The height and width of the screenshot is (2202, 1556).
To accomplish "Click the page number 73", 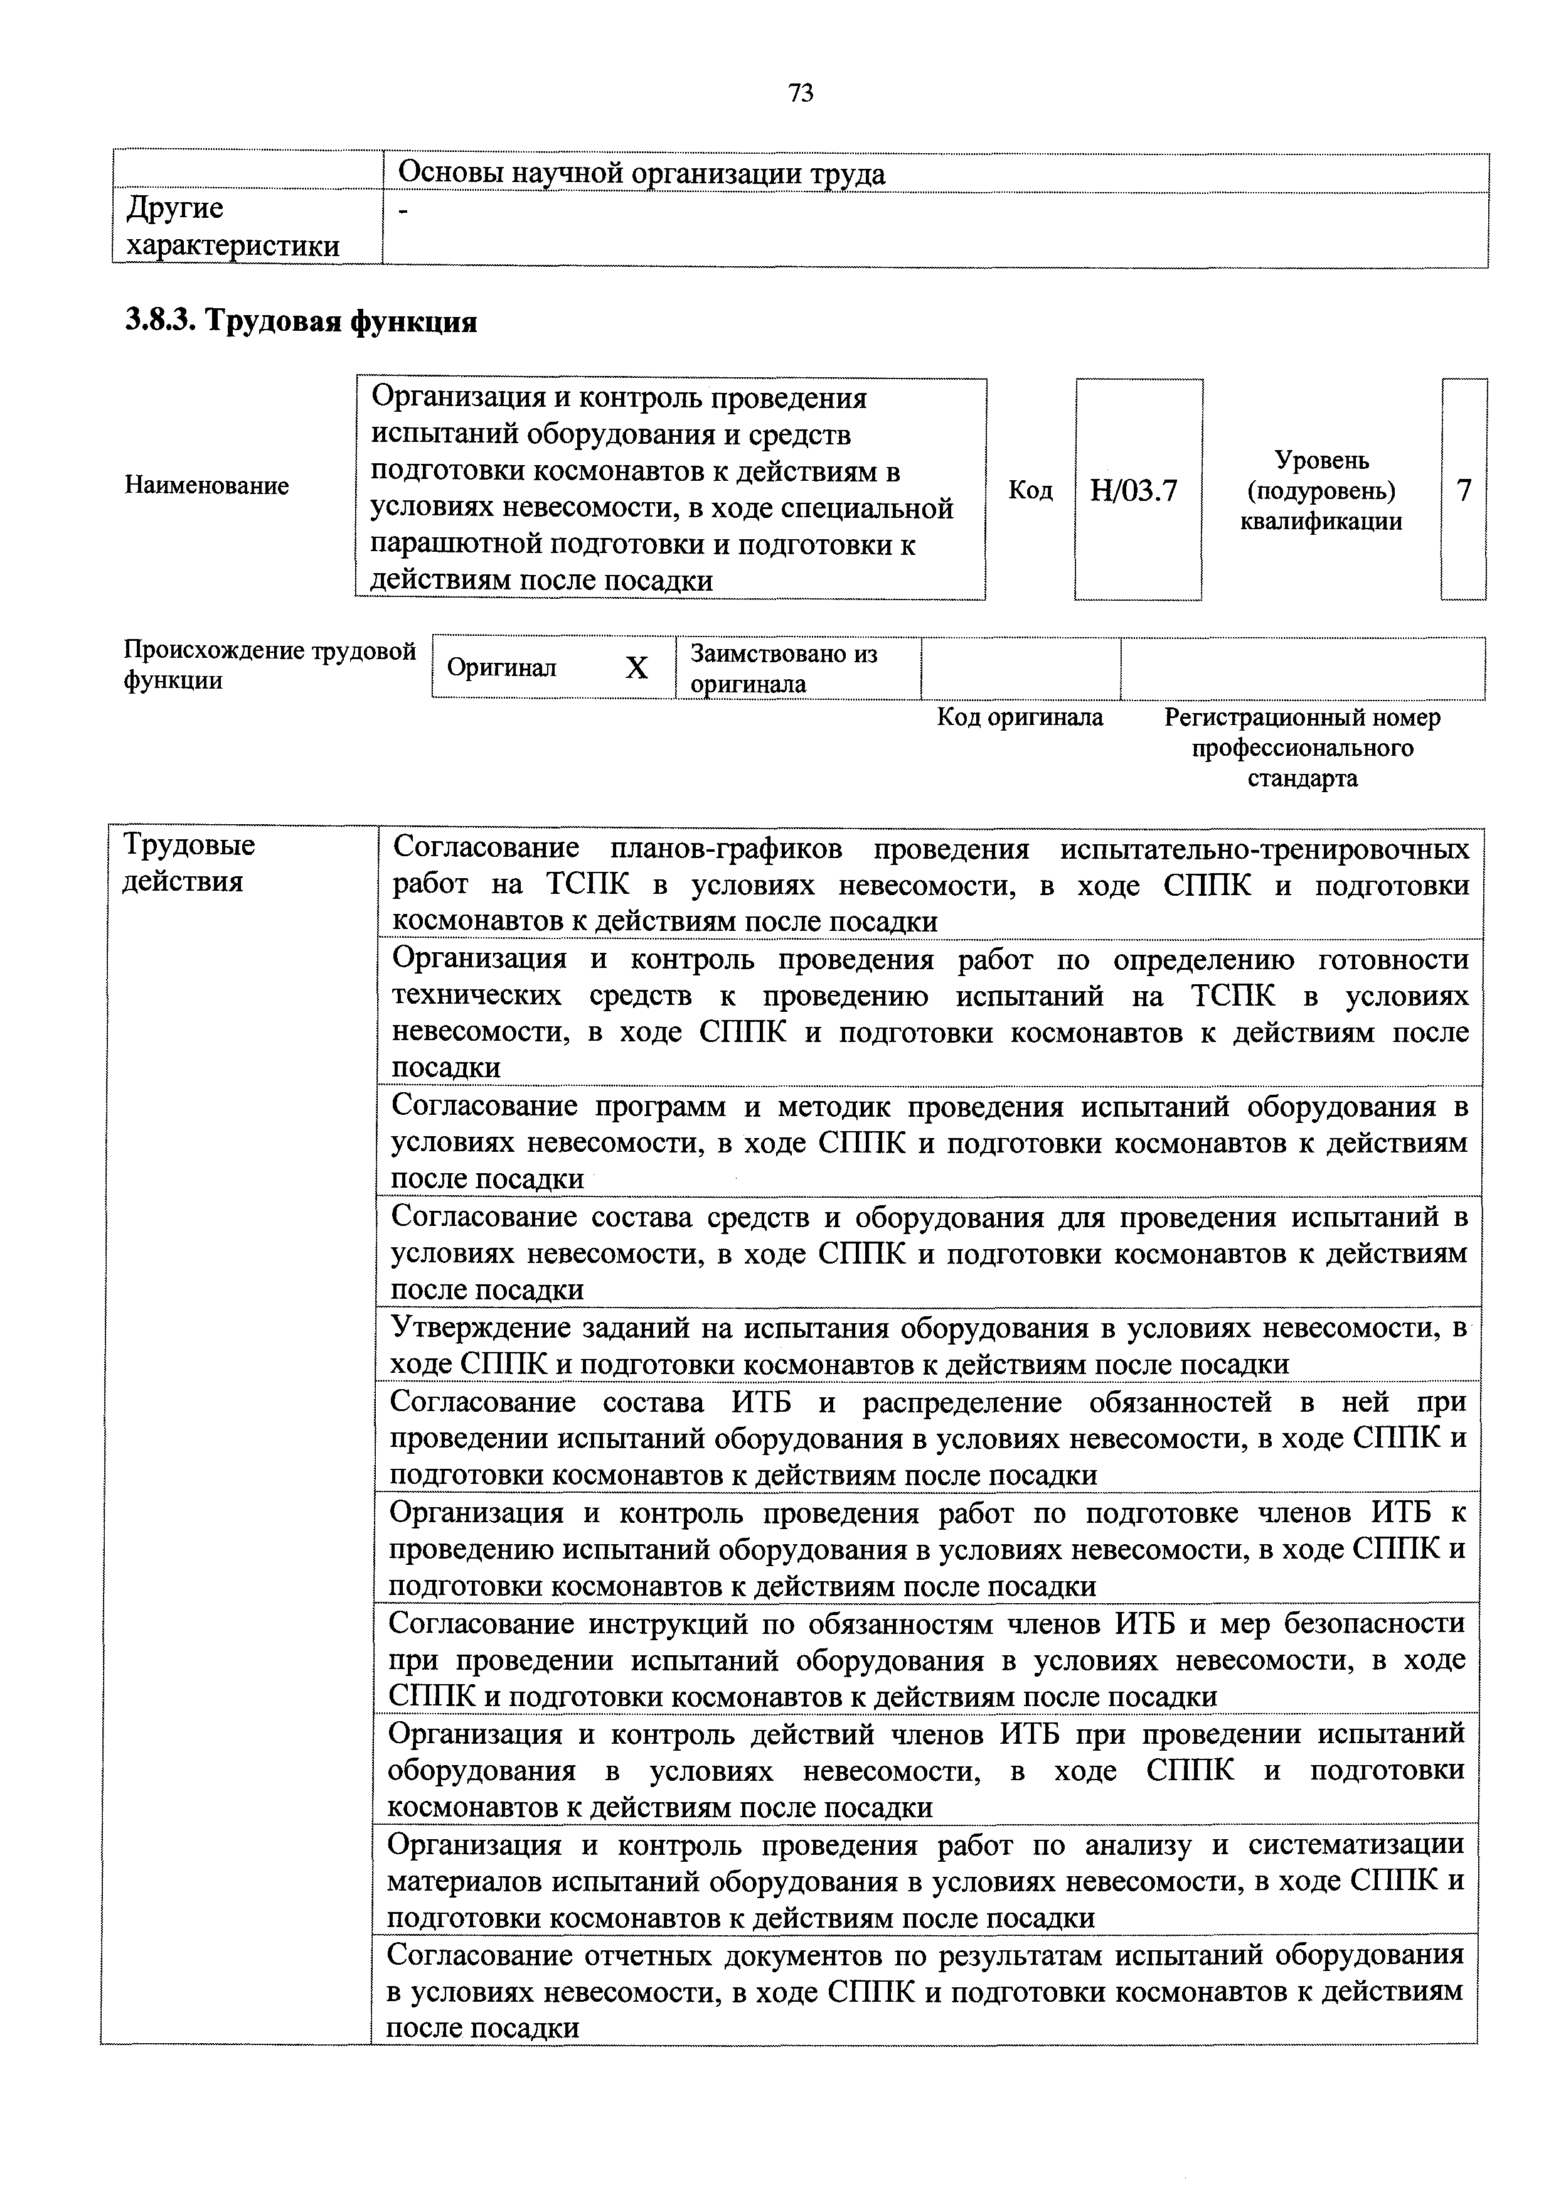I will pos(801,93).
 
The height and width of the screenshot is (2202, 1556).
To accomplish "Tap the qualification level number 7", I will pos(1463,491).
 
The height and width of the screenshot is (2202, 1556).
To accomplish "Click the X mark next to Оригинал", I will pos(637,667).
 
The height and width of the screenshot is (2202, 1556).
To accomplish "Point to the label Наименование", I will pos(206,485).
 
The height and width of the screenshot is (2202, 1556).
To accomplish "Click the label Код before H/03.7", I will pos(1031,491).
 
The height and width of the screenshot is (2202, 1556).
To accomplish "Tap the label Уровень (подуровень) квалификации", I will pos(1321,491).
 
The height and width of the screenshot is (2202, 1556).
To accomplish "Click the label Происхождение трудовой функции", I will pos(269,665).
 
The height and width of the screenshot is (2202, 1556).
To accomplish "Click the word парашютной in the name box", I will pos(449,545).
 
